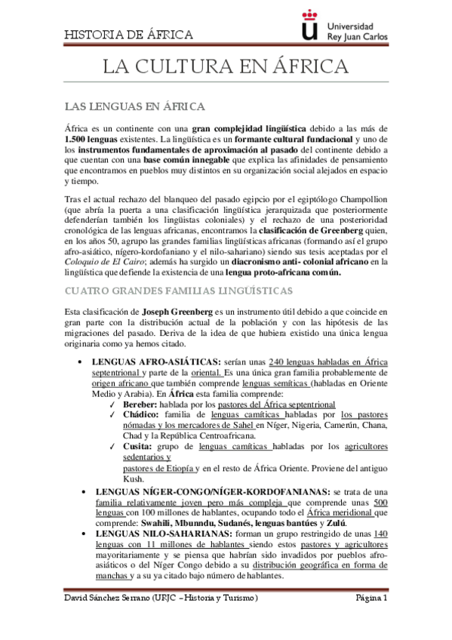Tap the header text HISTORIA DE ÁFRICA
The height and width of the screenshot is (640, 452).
click(x=129, y=35)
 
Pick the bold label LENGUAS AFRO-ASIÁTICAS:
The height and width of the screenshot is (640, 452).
click(x=155, y=363)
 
